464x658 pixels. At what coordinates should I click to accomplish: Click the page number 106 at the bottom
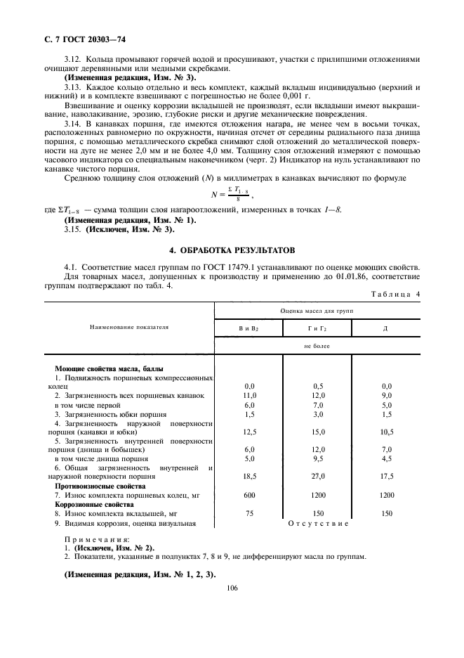(233, 588)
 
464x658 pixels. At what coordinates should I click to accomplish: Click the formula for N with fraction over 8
(224, 193)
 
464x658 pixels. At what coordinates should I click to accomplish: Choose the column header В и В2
(249, 328)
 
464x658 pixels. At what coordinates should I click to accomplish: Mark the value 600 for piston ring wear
(249, 496)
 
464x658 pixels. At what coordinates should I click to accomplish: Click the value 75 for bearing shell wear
(249, 514)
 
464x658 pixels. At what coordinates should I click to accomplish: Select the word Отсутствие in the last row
(319, 524)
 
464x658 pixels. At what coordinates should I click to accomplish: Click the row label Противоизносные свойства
(100, 486)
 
